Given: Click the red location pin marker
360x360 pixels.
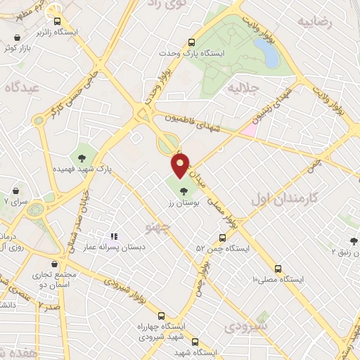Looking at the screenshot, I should point(181,166).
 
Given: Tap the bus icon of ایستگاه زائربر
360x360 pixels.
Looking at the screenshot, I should point(58,21).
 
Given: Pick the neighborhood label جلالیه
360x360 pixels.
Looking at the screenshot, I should point(239,89).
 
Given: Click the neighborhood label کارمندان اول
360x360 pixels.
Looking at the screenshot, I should point(283,199).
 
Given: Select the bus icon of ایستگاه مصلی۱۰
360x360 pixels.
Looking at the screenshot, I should point(278,269).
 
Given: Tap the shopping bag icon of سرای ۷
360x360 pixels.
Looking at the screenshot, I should point(16,191).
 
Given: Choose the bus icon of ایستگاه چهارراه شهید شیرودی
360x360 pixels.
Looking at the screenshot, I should point(162,316).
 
